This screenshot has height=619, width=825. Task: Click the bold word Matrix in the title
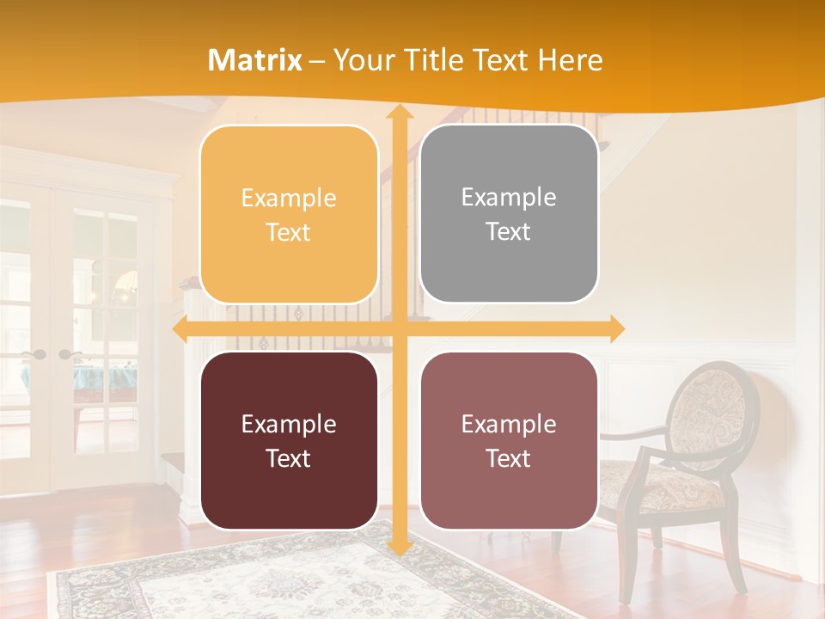click(254, 60)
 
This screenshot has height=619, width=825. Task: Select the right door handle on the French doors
click(66, 354)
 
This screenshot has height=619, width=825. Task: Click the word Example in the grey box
click(509, 198)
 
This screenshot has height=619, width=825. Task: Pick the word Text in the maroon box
click(289, 458)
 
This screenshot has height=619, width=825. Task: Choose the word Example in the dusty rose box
click(509, 424)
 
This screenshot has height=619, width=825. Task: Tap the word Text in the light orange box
click(289, 232)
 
